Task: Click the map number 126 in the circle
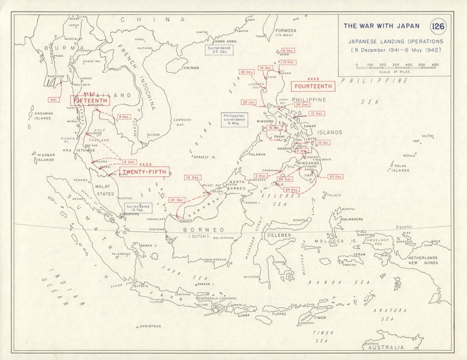[x=438, y=27]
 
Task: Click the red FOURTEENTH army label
[x=313, y=86]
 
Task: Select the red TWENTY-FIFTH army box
[x=144, y=172]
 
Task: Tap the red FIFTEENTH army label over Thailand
[x=90, y=100]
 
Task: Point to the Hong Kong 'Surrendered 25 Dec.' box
[x=218, y=50]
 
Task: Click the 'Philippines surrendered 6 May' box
[x=235, y=120]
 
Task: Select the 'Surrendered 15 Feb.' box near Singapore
[x=138, y=208]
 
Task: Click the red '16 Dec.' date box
[x=193, y=177]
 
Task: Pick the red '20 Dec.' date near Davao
[x=335, y=176]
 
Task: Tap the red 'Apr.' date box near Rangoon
[x=53, y=99]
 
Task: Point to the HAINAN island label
[x=191, y=67]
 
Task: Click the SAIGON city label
[x=153, y=135]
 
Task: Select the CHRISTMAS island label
[x=150, y=326]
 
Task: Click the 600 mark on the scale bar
[x=435, y=65]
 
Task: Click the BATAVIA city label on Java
[x=141, y=286]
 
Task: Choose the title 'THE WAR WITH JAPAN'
[x=381, y=26]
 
